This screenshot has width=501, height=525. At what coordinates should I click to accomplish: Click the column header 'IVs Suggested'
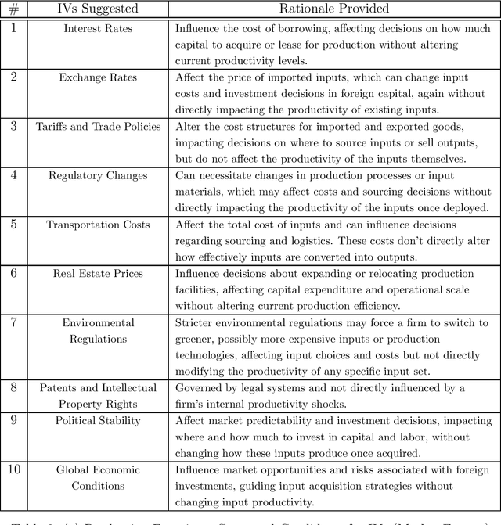[98, 9]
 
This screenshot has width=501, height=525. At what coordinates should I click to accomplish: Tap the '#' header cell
[14, 9]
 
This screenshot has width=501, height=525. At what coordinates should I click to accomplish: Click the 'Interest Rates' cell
[98, 29]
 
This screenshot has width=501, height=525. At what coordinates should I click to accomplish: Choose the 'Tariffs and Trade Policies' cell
[98, 127]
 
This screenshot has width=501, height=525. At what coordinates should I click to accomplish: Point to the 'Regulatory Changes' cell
[98, 175]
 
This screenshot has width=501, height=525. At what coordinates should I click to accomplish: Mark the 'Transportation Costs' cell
[98, 225]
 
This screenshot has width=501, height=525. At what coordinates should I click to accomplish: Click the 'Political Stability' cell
[98, 420]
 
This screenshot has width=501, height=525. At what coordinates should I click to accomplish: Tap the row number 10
[14, 469]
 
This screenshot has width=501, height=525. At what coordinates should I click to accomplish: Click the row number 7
[14, 322]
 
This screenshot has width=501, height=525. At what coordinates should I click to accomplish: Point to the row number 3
[14, 127]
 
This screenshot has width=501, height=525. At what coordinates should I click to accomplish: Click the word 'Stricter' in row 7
[195, 322]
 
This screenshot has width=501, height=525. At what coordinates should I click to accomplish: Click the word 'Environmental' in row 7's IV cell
[98, 322]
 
